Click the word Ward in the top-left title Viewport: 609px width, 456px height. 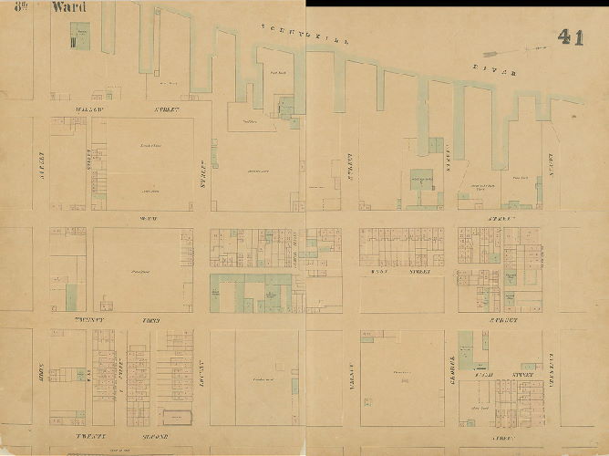[x=69, y=8]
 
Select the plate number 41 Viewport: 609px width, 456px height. [x=571, y=37]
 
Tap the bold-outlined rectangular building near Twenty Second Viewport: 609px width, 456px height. [x=176, y=416]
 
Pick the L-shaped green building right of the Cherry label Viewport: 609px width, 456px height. [x=464, y=350]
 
